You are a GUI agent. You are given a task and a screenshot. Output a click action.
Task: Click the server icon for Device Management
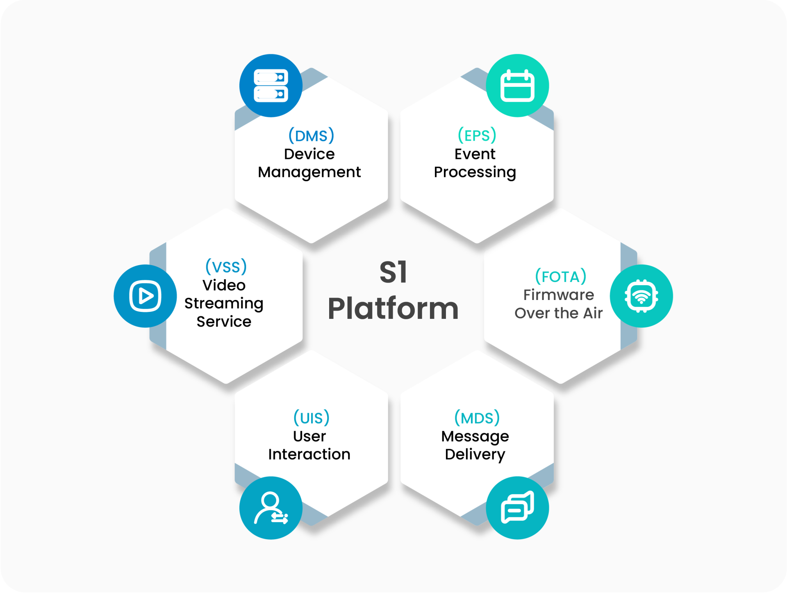pyautogui.click(x=271, y=86)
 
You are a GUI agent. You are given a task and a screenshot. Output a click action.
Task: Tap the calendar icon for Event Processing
pyautogui.click(x=517, y=86)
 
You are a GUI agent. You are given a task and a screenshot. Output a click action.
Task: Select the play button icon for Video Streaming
pyautogui.click(x=145, y=296)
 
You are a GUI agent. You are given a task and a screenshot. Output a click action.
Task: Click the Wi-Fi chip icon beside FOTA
pyautogui.click(x=641, y=296)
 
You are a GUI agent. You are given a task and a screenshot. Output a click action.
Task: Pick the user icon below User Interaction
pyautogui.click(x=271, y=508)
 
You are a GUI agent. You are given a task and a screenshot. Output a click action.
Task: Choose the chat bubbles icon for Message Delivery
pyautogui.click(x=517, y=508)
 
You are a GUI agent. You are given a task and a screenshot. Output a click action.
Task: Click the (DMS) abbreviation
pyautogui.click(x=311, y=136)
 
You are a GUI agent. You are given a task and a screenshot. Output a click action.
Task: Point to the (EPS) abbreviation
pyautogui.click(x=477, y=135)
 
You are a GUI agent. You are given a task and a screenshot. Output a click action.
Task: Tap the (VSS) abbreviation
pyautogui.click(x=226, y=267)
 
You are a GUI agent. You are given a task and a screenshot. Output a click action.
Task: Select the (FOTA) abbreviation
pyautogui.click(x=560, y=277)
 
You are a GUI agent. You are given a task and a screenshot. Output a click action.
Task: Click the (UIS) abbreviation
pyautogui.click(x=311, y=418)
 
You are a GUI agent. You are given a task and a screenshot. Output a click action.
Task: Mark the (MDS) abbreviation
pyautogui.click(x=477, y=418)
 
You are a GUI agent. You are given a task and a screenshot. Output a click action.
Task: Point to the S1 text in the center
pyautogui.click(x=393, y=273)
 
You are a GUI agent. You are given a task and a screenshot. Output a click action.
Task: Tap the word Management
pyautogui.click(x=309, y=173)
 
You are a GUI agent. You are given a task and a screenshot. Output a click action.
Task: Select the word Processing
pyautogui.click(x=475, y=173)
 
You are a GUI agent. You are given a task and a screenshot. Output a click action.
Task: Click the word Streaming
pyautogui.click(x=224, y=304)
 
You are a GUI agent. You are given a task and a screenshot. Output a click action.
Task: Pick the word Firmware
pyautogui.click(x=558, y=295)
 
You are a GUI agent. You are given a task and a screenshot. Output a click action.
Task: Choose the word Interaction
pyautogui.click(x=309, y=454)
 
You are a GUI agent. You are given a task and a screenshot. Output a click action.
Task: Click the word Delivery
pyautogui.click(x=475, y=455)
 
